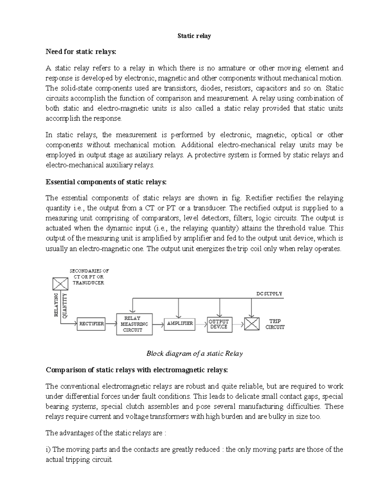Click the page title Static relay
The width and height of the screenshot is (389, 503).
pyautogui.click(x=194, y=36)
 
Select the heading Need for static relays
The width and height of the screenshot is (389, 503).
pyautogui.click(x=80, y=52)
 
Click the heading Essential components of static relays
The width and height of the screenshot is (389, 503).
pyautogui.click(x=106, y=182)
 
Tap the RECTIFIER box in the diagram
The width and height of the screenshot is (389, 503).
pyautogui.click(x=91, y=324)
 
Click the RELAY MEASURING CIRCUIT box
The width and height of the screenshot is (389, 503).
pyautogui.click(x=134, y=324)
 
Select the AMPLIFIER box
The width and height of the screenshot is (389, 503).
pyautogui.click(x=180, y=323)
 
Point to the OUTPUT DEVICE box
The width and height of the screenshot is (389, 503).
pyautogui.click(x=219, y=324)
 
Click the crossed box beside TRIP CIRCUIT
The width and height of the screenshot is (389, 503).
pyautogui.click(x=252, y=323)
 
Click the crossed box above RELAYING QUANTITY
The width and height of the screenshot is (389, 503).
pyautogui.click(x=60, y=284)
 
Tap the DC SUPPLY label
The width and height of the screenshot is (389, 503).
pyautogui.click(x=269, y=294)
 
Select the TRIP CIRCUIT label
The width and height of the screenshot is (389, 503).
pyautogui.click(x=275, y=324)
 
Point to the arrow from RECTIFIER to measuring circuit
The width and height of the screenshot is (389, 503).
pyautogui.click(x=111, y=323)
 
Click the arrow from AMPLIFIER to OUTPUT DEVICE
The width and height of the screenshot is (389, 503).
pyautogui.click(x=201, y=323)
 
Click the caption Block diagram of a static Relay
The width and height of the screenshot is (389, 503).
pyautogui.click(x=194, y=353)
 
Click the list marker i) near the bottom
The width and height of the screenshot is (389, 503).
pyautogui.click(x=48, y=449)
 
